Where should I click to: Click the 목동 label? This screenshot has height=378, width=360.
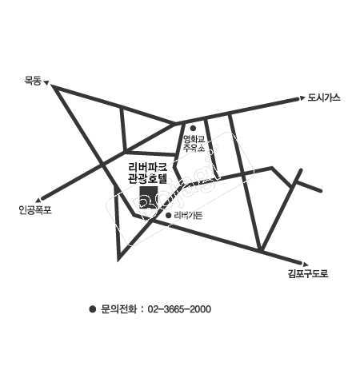point(33,81)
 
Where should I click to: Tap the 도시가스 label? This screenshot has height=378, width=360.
point(324,97)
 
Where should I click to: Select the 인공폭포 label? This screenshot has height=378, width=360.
point(35,210)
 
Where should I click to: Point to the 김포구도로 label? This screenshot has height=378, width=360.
point(308,273)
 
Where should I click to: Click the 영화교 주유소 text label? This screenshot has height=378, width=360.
point(194,143)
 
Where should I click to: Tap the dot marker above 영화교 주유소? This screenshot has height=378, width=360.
point(193,129)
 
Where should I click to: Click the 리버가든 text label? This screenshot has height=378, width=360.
point(188,215)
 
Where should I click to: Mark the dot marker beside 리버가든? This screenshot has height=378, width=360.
point(168,215)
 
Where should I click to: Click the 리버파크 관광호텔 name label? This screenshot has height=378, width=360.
point(148,173)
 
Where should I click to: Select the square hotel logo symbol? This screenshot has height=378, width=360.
point(149,197)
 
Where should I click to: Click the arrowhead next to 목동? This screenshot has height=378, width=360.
point(46,83)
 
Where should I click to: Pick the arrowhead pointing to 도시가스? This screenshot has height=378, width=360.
point(302,97)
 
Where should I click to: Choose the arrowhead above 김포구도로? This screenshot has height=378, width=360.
point(306,265)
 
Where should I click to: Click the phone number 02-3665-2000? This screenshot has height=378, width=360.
point(179,309)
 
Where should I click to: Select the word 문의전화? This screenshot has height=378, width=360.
point(119,309)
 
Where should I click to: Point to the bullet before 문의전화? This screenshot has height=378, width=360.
point(93,309)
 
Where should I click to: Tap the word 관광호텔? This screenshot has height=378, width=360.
point(148,178)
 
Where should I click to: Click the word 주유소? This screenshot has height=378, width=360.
point(194,148)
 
